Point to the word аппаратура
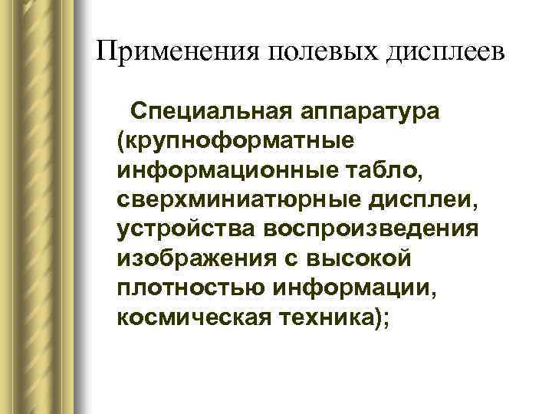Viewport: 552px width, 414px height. (373, 113)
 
